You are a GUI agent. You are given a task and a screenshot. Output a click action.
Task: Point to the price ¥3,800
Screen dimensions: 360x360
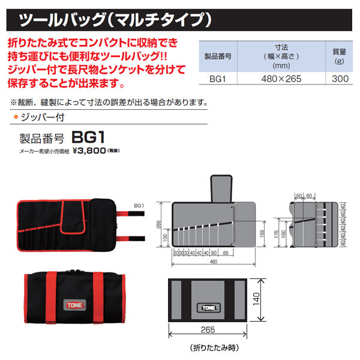click(x=89, y=151)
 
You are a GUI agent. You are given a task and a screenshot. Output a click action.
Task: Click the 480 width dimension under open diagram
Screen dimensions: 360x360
click(x=213, y=262)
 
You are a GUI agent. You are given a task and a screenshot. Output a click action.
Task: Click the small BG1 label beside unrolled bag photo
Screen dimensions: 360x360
click(x=139, y=205)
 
